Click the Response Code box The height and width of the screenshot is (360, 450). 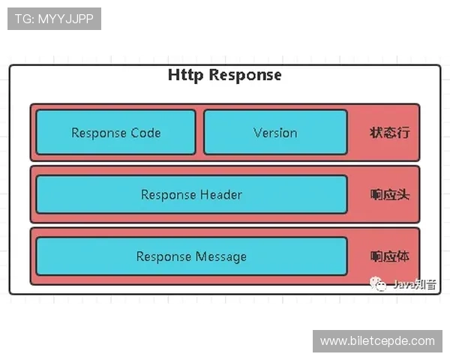115,133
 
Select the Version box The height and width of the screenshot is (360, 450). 275,133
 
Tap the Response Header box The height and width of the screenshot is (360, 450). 191,195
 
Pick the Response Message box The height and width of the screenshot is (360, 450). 191,256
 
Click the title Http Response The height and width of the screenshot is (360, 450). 225,75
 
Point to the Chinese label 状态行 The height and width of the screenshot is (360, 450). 389,133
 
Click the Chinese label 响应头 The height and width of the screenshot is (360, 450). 389,195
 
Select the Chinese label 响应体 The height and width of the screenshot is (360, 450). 389,256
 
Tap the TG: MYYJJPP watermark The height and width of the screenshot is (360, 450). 54,19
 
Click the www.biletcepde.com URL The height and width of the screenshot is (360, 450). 377,340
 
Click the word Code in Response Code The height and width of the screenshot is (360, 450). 146,133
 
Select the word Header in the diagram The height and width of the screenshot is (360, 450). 221,195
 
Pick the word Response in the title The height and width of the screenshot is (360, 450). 245,75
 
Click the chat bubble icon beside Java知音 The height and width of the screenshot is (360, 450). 382,284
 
